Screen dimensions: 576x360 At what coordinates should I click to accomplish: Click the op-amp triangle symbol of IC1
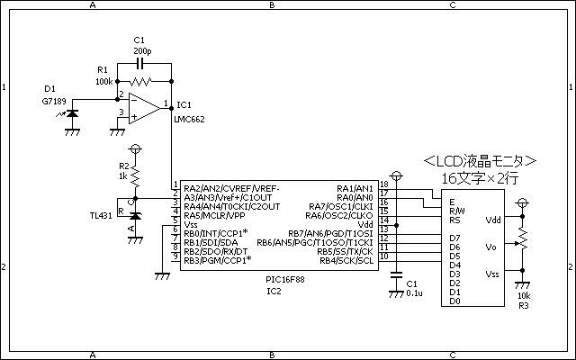click(x=144, y=108)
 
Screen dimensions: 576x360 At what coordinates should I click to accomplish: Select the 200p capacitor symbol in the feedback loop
click(x=139, y=64)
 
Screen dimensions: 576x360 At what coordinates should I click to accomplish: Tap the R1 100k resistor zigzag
click(x=140, y=81)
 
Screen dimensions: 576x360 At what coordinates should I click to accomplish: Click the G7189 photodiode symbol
click(x=72, y=113)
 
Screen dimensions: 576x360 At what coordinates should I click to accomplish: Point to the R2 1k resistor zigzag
click(x=135, y=176)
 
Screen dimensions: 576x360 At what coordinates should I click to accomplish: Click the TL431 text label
click(x=101, y=216)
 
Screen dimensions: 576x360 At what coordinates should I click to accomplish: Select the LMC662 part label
click(x=190, y=120)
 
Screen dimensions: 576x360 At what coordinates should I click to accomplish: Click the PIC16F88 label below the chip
click(x=285, y=280)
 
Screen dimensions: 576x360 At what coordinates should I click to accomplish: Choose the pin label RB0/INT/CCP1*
click(x=216, y=233)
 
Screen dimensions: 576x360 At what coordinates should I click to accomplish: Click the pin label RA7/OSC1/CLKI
click(x=340, y=206)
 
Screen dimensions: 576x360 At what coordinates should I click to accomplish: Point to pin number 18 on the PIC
click(x=384, y=184)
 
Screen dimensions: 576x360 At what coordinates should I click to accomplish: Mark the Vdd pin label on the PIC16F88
click(x=365, y=224)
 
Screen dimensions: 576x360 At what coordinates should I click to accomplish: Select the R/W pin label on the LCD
click(x=457, y=211)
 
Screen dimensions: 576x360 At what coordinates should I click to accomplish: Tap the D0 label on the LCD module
click(x=454, y=301)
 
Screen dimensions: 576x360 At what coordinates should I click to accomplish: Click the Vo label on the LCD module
click(x=490, y=247)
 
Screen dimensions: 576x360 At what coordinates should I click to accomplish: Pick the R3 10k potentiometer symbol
click(x=522, y=240)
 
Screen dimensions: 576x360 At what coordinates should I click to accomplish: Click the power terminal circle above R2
click(x=135, y=149)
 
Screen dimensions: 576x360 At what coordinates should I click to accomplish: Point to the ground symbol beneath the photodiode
click(x=72, y=131)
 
